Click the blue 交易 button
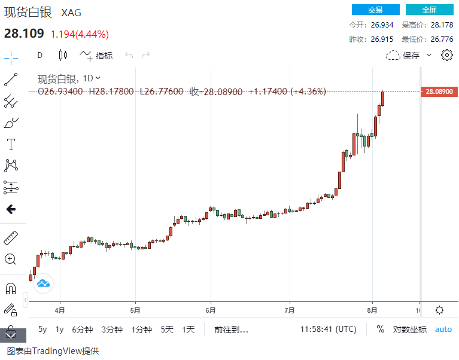pyautogui.click(x=375, y=10)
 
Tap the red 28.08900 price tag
pyautogui.click(x=439, y=91)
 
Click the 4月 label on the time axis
pyautogui.click(x=60, y=310)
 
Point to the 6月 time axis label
pyautogui.click(x=210, y=310)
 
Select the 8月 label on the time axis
pyautogui.click(x=372, y=310)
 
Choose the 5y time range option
pyautogui.click(x=42, y=329)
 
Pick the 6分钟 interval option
pyautogui.click(x=82, y=329)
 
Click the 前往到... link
pyautogui.click(x=231, y=329)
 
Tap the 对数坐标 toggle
pyautogui.click(x=409, y=329)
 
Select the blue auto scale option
pyautogui.click(x=443, y=329)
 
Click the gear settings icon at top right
pyautogui.click(x=446, y=55)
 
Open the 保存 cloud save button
pyautogui.click(x=409, y=55)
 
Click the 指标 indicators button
pyautogui.click(x=96, y=55)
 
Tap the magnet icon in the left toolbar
pyautogui.click(x=11, y=289)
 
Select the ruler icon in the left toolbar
pyautogui.click(x=11, y=238)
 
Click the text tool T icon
pyautogui.click(x=11, y=144)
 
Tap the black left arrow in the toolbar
pyautogui.click(x=11, y=209)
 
